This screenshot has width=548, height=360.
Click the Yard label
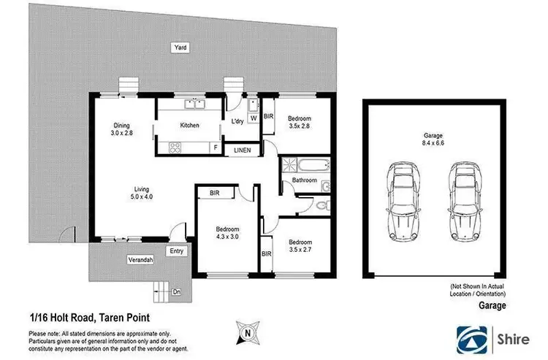pyautogui.click(x=180, y=47)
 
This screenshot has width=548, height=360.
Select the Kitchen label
pyautogui.click(x=189, y=126)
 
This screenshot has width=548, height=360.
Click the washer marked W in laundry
pyautogui.click(x=253, y=117)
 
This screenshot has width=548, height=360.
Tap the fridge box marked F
pyautogui.click(x=215, y=148)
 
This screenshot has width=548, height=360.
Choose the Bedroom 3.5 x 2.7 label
pyautogui.click(x=300, y=245)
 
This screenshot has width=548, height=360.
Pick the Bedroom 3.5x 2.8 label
pyautogui.click(x=300, y=122)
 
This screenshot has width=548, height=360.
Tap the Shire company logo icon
pyautogui.click(x=473, y=338)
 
